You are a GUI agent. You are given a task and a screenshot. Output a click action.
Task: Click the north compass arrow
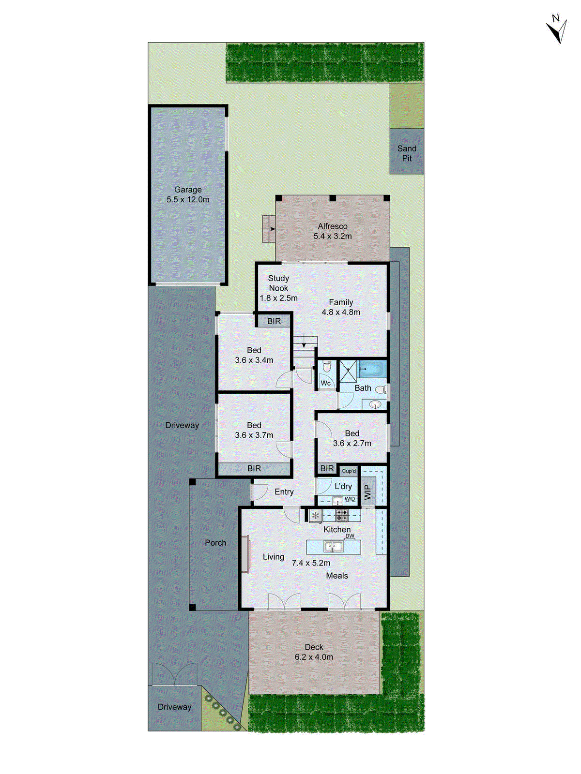(558, 30)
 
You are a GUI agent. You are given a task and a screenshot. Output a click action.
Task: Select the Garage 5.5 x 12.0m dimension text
(188, 200)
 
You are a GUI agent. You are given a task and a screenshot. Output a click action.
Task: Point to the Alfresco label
(333, 226)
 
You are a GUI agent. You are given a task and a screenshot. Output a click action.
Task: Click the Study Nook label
(278, 283)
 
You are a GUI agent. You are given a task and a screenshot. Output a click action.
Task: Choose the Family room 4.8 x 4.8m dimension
(341, 313)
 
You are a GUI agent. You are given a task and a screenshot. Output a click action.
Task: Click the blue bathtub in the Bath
(372, 370)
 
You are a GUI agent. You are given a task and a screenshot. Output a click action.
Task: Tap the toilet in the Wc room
(326, 367)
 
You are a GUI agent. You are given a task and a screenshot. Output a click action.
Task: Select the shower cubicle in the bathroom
(348, 370)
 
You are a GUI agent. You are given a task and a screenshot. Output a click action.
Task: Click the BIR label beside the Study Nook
(274, 322)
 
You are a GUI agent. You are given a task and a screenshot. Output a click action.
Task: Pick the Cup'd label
(349, 471)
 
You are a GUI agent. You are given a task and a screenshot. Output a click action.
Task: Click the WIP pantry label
(367, 492)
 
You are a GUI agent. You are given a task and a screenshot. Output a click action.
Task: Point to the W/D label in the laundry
(350, 499)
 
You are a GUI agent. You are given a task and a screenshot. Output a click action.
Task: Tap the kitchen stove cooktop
(342, 515)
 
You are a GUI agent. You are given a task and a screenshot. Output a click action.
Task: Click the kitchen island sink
(334, 547)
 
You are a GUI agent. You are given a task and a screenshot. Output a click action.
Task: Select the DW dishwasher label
(350, 536)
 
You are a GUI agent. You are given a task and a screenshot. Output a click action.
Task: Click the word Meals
(337, 576)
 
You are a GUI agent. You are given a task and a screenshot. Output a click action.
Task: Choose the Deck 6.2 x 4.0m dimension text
(314, 657)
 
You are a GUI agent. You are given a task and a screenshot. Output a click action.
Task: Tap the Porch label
(215, 543)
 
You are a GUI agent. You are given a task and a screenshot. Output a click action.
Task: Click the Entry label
(284, 492)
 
